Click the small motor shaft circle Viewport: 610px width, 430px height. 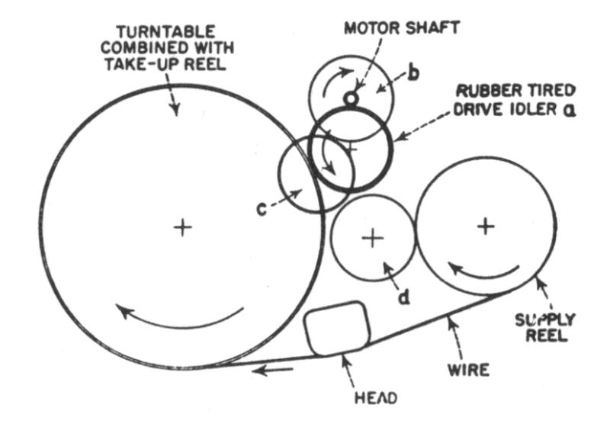[351, 98]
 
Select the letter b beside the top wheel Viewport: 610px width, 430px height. [413, 73]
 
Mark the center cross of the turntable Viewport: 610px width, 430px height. [181, 227]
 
